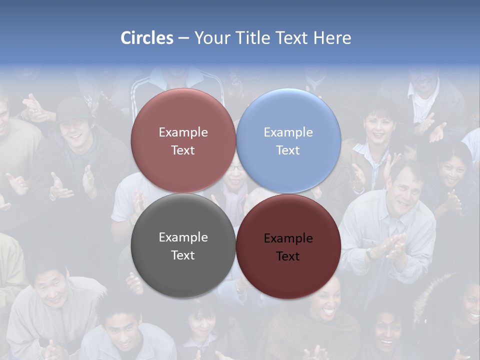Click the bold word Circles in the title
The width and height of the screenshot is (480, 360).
point(147,38)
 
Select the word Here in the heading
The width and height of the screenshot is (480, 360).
point(332,38)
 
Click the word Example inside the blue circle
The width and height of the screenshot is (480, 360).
point(288,132)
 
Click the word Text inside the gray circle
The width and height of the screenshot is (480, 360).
point(183,255)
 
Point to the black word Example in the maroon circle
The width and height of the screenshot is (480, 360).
point(288,238)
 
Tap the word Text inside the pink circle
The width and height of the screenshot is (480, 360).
point(183,150)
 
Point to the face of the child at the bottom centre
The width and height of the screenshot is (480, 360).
point(202,322)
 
